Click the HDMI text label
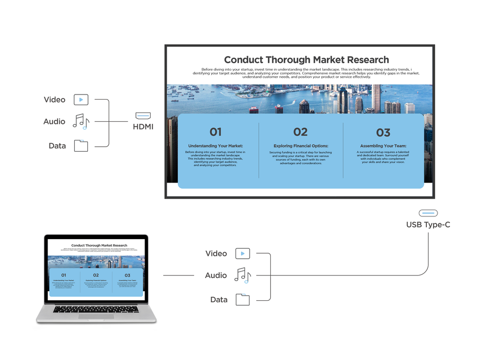tap(143, 126)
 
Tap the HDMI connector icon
tap(143, 115)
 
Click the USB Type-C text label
tap(428, 224)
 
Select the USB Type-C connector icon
tap(428, 213)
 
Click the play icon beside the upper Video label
tap(81, 100)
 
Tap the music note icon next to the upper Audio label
tap(81, 122)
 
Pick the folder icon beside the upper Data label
tap(81, 146)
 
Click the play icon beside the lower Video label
tap(243, 253)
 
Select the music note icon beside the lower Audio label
tap(243, 275)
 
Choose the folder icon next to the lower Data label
tap(243, 299)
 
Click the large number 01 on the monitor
tap(216, 132)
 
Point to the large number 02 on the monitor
tap(300, 132)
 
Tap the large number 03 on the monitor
tap(383, 132)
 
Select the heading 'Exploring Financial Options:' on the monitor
tap(301, 146)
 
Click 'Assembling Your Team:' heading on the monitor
tap(383, 146)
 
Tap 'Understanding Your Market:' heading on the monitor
tap(215, 146)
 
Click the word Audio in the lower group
tap(216, 276)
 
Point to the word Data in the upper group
tap(57, 146)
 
